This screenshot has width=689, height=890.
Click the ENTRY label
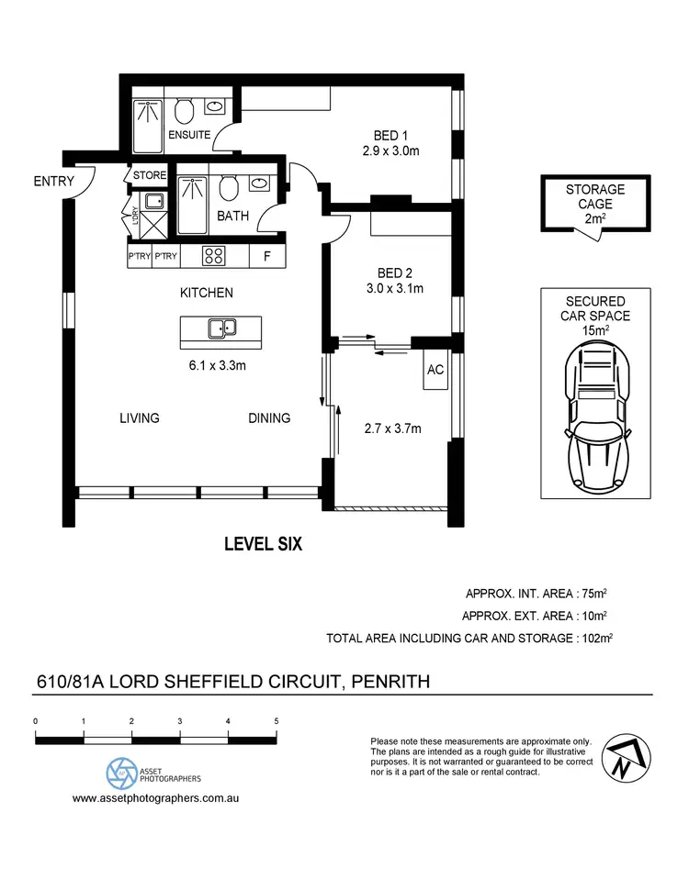(52, 182)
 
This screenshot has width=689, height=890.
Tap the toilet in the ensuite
(185, 112)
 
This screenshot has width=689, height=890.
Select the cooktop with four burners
(214, 257)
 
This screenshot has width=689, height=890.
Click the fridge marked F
(266, 257)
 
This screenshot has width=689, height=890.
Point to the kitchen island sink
(220, 328)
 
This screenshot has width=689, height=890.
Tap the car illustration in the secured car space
(595, 417)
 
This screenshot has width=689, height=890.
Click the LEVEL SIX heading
(264, 544)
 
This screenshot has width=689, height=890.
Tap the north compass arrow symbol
(622, 758)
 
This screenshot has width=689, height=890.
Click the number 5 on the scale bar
(277, 721)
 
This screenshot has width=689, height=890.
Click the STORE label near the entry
(149, 175)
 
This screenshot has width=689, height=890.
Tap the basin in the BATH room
(260, 184)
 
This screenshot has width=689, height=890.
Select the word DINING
(269, 418)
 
